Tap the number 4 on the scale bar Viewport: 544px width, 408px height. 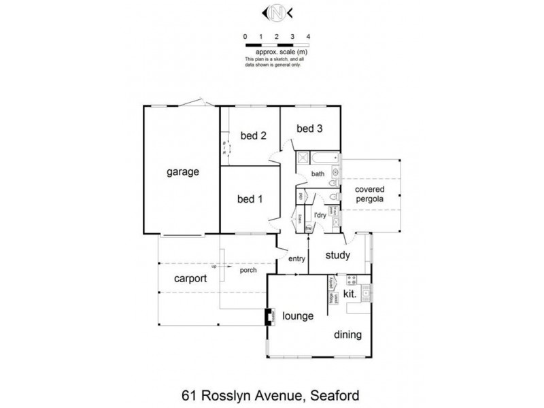[309, 35]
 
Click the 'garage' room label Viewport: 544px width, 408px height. [183, 172]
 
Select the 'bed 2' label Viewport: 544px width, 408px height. [253, 135]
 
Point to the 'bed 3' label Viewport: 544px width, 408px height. [309, 128]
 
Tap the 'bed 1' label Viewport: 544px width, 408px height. [250, 199]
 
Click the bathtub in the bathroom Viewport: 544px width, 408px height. [326, 158]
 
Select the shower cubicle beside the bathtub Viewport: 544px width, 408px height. [303, 158]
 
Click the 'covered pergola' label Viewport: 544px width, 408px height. [369, 194]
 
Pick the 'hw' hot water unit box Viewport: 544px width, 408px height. [308, 228]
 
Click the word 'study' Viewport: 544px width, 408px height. [337, 256]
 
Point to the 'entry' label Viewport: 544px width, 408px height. [297, 258]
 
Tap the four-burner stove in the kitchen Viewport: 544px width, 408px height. [352, 279]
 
